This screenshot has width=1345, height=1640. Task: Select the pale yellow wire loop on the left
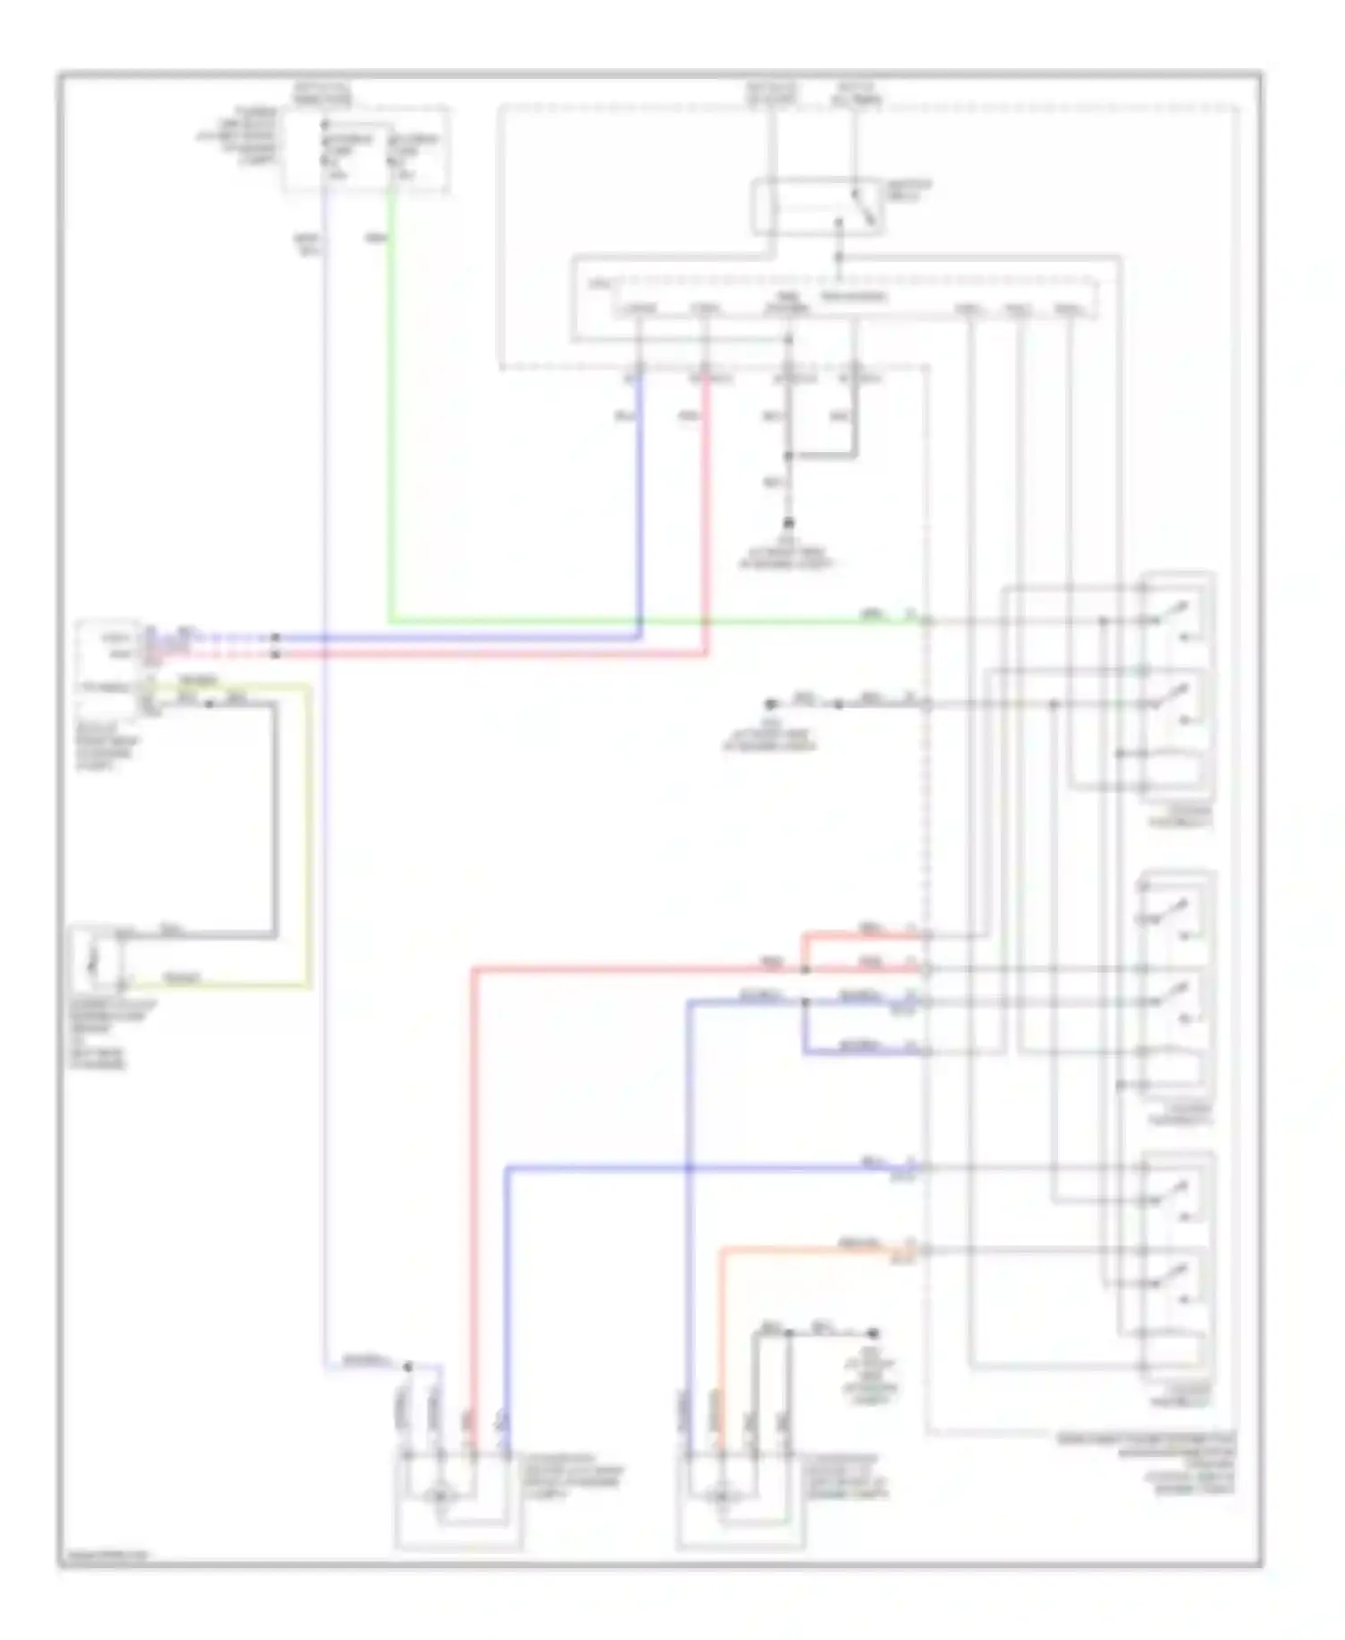[309, 834]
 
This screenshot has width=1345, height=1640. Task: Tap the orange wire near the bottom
[722, 1328]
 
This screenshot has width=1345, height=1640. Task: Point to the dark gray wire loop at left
[274, 816]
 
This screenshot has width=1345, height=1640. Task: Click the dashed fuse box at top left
[366, 149]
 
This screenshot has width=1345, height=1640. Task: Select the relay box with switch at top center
[816, 207]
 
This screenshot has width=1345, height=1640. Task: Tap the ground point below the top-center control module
[788, 522]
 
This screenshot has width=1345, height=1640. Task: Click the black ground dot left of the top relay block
[769, 704]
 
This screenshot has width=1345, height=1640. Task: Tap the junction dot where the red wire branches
[804, 969]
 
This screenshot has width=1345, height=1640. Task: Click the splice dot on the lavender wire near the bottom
[408, 1366]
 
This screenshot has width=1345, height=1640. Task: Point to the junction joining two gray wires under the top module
[788, 456]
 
